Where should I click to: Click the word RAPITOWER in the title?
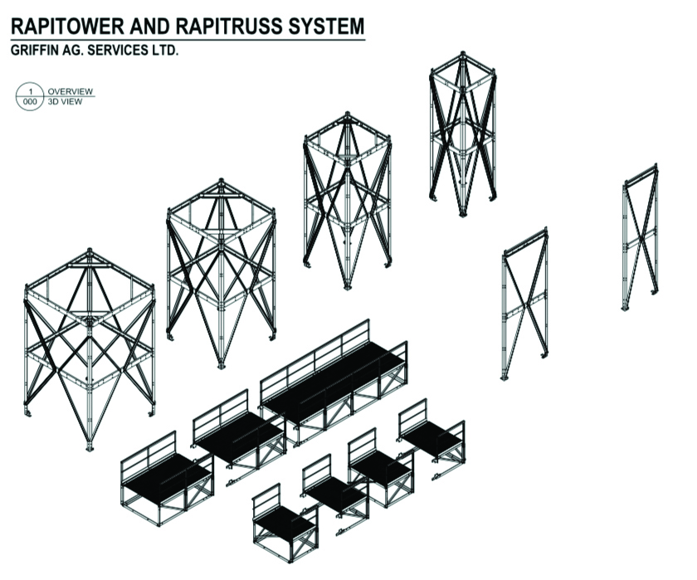coord(66,27)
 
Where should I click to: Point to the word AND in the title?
coord(149,27)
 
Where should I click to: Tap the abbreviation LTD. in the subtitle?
coord(164,51)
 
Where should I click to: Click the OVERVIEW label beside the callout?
coord(71,91)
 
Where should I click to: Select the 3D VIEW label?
coord(65,101)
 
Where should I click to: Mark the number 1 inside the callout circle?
coord(30,91)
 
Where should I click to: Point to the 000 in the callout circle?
coord(30,102)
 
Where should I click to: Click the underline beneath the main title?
coord(188,40)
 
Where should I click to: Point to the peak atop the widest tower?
coord(90,251)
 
